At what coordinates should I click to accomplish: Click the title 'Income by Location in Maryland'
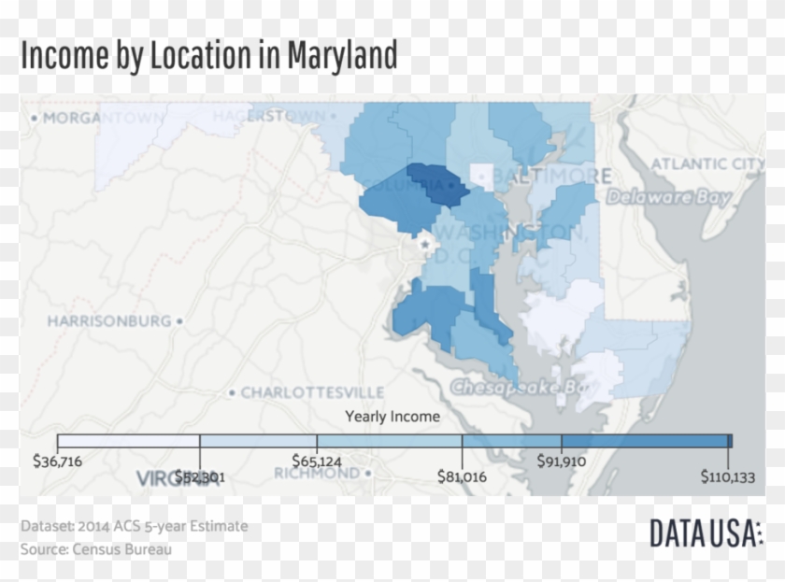click(x=208, y=56)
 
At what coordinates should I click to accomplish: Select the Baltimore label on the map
click(x=550, y=176)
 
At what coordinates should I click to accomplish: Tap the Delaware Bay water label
click(x=667, y=197)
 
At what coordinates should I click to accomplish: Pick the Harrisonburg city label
click(x=109, y=320)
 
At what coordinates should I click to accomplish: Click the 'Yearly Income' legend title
click(x=392, y=417)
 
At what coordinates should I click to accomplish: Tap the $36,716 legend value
click(x=57, y=461)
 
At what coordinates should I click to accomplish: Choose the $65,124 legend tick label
click(x=317, y=461)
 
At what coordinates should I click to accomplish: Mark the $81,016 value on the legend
click(x=462, y=476)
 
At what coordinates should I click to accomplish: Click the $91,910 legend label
click(x=562, y=461)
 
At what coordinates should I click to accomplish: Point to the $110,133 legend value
click(x=727, y=476)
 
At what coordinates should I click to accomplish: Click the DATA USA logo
click(x=705, y=533)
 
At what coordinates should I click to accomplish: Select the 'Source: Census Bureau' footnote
click(x=96, y=549)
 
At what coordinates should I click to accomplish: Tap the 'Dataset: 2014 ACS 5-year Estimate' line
click(x=135, y=526)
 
